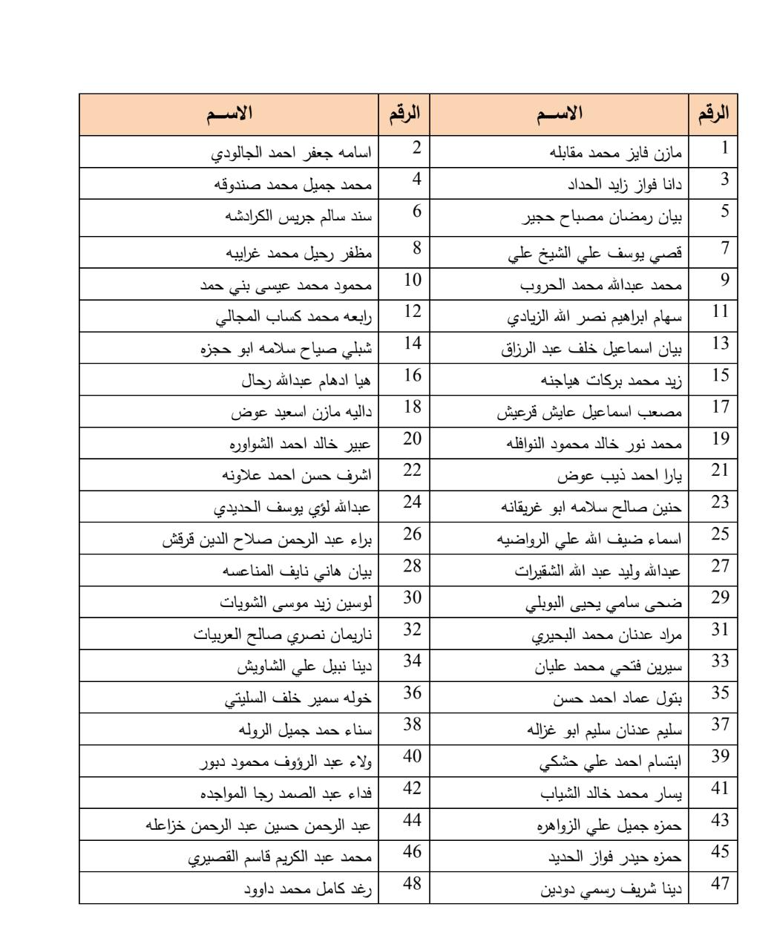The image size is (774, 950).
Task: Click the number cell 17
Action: (x=720, y=407)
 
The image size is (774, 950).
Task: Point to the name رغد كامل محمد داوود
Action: (x=309, y=888)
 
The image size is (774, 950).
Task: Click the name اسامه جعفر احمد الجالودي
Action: (x=292, y=153)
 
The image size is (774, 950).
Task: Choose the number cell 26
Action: (x=412, y=534)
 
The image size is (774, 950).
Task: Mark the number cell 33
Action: (x=720, y=661)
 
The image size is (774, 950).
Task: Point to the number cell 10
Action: (x=412, y=280)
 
